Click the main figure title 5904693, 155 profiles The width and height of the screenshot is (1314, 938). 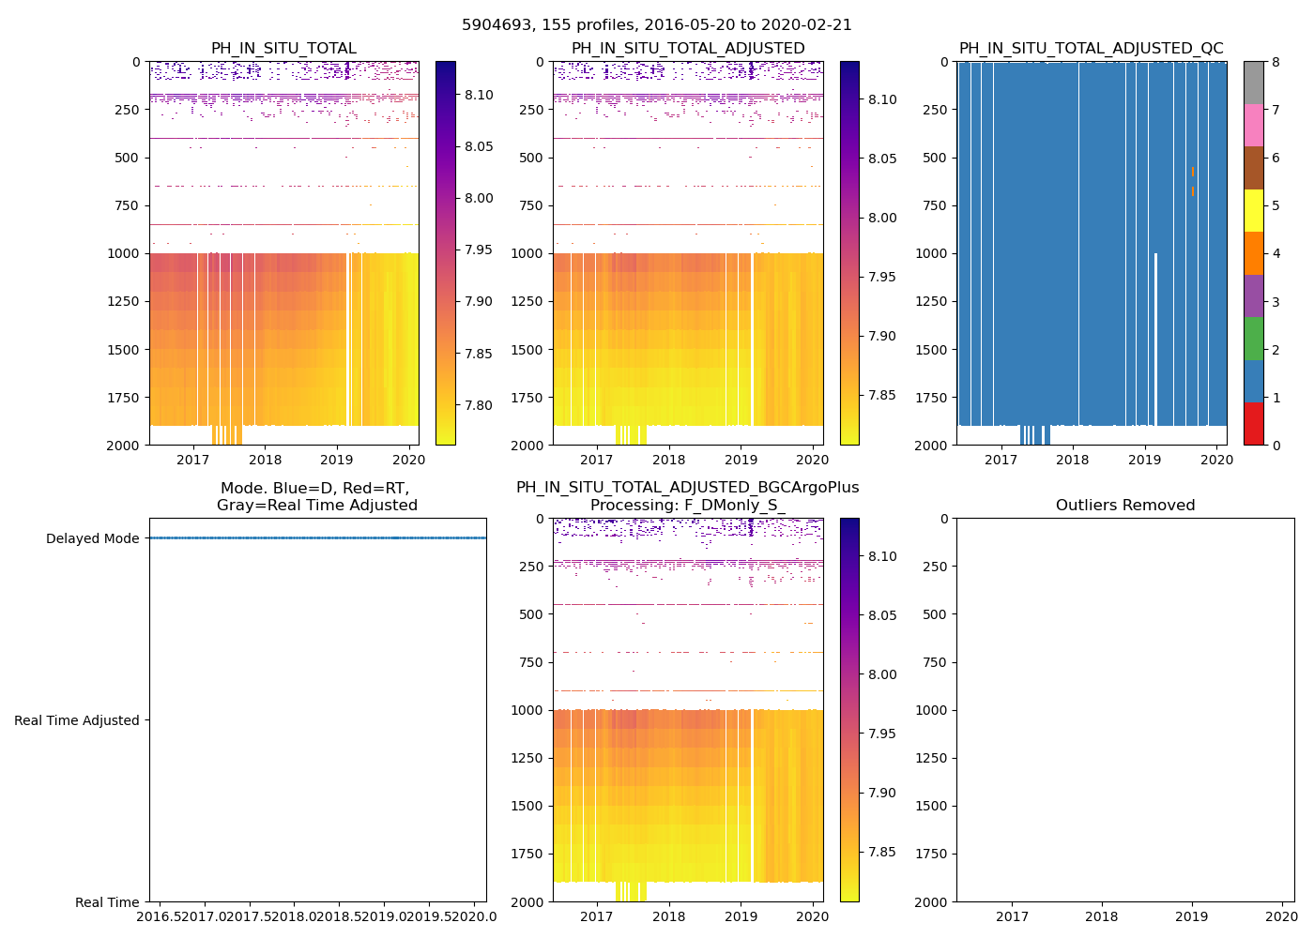click(x=657, y=25)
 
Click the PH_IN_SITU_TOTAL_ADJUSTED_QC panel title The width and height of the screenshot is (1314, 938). click(x=1091, y=49)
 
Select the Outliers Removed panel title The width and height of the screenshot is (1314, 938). click(x=1124, y=506)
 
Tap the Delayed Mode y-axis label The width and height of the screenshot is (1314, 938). click(x=92, y=538)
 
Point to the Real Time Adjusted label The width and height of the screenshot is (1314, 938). click(x=77, y=720)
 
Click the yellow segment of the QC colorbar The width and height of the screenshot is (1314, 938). click(x=1253, y=210)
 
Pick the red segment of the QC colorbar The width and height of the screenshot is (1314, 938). click(x=1253, y=423)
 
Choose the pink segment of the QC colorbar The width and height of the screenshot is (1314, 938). click(x=1253, y=125)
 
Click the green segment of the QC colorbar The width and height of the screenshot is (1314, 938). click(x=1253, y=338)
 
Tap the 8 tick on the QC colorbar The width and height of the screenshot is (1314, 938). click(x=1276, y=62)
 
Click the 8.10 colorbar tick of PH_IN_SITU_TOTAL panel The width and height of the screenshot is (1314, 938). click(x=479, y=95)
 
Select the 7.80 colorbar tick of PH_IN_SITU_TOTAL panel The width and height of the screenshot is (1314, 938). click(x=479, y=405)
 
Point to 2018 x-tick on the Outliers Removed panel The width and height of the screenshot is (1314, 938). click(x=1102, y=916)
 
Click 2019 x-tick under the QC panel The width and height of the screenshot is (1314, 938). click(x=1144, y=460)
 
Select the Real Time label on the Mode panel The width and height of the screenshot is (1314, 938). click(x=107, y=902)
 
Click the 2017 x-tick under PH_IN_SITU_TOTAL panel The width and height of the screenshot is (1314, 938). click(x=192, y=460)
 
